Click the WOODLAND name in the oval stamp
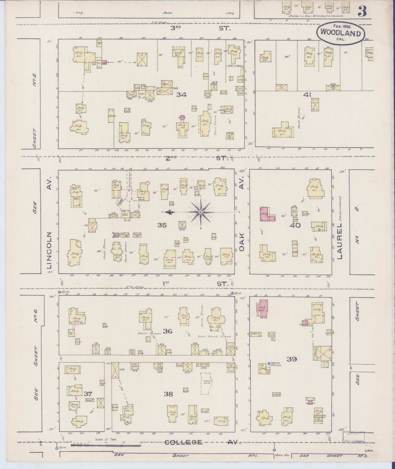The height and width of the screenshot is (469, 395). tap(341, 33)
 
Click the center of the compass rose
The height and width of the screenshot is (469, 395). tap(201, 212)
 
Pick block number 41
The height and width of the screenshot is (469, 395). tap(307, 95)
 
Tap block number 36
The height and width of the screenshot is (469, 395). tap(167, 331)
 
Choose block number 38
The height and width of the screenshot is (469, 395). tap(168, 394)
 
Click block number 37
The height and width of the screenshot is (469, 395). tap(88, 394)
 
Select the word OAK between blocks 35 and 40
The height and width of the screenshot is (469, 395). tap(242, 241)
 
